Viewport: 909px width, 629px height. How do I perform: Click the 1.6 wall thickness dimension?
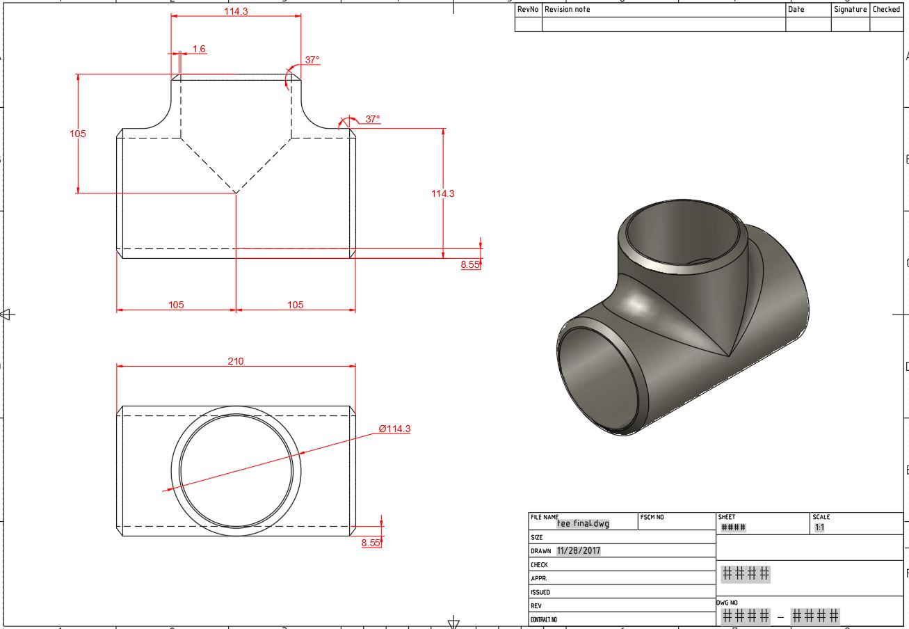pyautogui.click(x=199, y=49)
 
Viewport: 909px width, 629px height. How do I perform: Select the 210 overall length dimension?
pyautogui.click(x=236, y=360)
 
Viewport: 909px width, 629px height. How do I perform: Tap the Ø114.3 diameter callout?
pyautogui.click(x=394, y=429)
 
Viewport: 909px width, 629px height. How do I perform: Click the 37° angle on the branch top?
pyautogui.click(x=312, y=60)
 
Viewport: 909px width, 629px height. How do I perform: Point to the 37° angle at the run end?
pyautogui.click(x=373, y=119)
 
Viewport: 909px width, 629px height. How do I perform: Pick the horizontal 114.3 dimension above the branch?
pyautogui.click(x=236, y=11)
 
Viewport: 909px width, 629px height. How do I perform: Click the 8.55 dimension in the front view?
pyautogui.click(x=470, y=264)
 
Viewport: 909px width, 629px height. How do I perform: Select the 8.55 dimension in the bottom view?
pyautogui.click(x=371, y=543)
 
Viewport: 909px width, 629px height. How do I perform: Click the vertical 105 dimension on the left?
pyautogui.click(x=78, y=134)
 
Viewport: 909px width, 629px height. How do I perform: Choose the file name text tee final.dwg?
pyautogui.click(x=583, y=523)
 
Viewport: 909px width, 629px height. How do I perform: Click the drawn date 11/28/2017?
pyautogui.click(x=579, y=550)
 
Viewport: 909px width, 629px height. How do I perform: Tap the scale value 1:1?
pyautogui.click(x=820, y=528)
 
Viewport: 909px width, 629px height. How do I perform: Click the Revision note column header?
pyautogui.click(x=568, y=10)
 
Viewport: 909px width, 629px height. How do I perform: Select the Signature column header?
pyautogui.click(x=850, y=10)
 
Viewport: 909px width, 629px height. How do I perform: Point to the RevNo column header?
pyautogui.click(x=528, y=10)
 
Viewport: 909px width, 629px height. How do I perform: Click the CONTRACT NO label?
pyautogui.click(x=544, y=619)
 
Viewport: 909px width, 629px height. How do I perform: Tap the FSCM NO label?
pyautogui.click(x=652, y=518)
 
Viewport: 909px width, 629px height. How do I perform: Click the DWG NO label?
pyautogui.click(x=727, y=603)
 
